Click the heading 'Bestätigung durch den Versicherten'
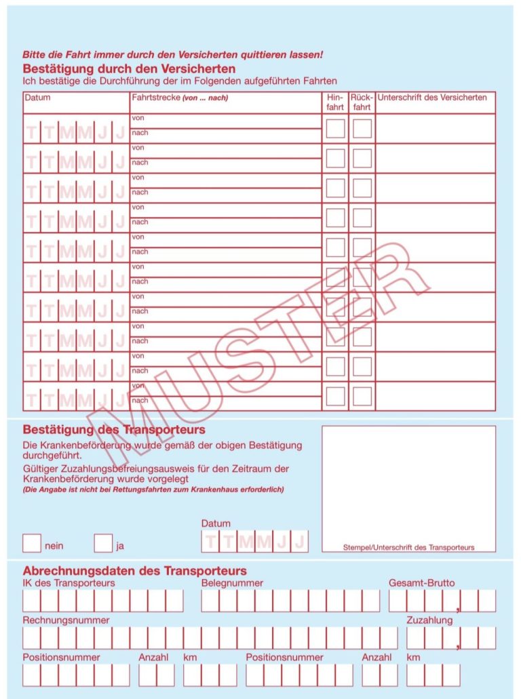click(129, 68)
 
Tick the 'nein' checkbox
click(32, 543)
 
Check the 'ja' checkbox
click(103, 543)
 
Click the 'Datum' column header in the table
click(37, 98)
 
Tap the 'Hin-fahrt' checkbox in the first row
click(335, 128)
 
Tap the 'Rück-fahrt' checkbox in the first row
click(362, 128)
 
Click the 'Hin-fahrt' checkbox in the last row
click(335, 396)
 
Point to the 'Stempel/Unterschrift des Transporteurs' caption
click(408, 547)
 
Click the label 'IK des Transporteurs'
click(69, 583)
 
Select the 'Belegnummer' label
click(232, 583)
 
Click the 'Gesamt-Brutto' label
click(421, 583)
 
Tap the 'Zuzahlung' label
click(429, 620)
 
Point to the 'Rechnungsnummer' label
click(66, 620)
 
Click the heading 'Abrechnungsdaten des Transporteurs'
click(134, 571)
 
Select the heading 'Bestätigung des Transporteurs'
click(114, 430)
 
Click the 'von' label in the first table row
click(138, 118)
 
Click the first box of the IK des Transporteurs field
click(32, 601)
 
